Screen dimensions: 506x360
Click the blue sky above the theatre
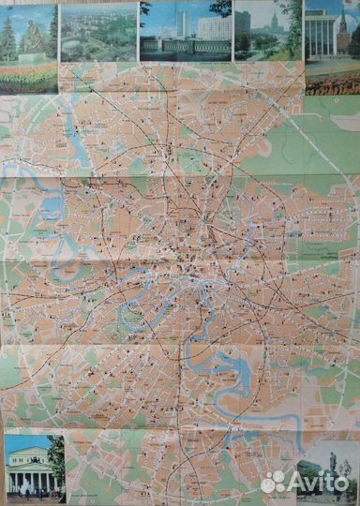(23, 440)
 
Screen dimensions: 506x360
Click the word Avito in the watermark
(319, 482)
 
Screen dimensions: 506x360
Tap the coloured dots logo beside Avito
(273, 482)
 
